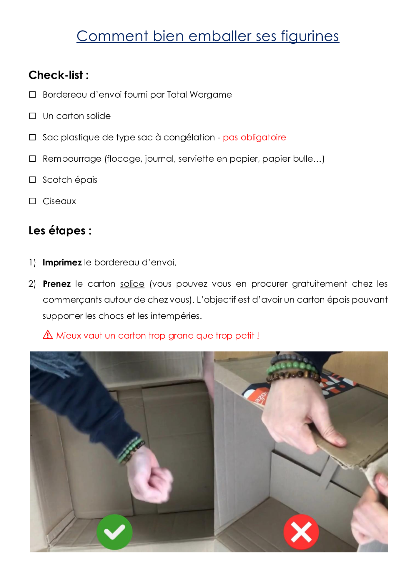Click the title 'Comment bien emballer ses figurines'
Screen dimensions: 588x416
click(x=208, y=36)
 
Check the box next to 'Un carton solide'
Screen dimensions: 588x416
click(x=32, y=116)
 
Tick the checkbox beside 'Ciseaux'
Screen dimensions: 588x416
click(x=32, y=201)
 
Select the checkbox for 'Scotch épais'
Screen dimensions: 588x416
click(x=32, y=180)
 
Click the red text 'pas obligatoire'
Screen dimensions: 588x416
click(x=254, y=137)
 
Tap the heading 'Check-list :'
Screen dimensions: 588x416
click(x=59, y=75)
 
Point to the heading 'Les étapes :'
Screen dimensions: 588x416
click(x=60, y=230)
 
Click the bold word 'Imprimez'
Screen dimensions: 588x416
click(x=62, y=262)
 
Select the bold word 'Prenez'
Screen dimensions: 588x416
click(x=57, y=284)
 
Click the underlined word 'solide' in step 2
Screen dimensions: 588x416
click(x=132, y=284)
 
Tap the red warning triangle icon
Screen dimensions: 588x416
click(x=48, y=335)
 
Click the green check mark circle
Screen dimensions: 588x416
click(x=114, y=532)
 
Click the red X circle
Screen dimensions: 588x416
click(x=301, y=532)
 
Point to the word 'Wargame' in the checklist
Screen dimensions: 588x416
click(x=211, y=95)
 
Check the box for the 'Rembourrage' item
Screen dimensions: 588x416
click(x=32, y=159)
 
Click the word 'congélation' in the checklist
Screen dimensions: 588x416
click(x=189, y=137)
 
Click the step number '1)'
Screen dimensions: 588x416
click(x=32, y=262)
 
